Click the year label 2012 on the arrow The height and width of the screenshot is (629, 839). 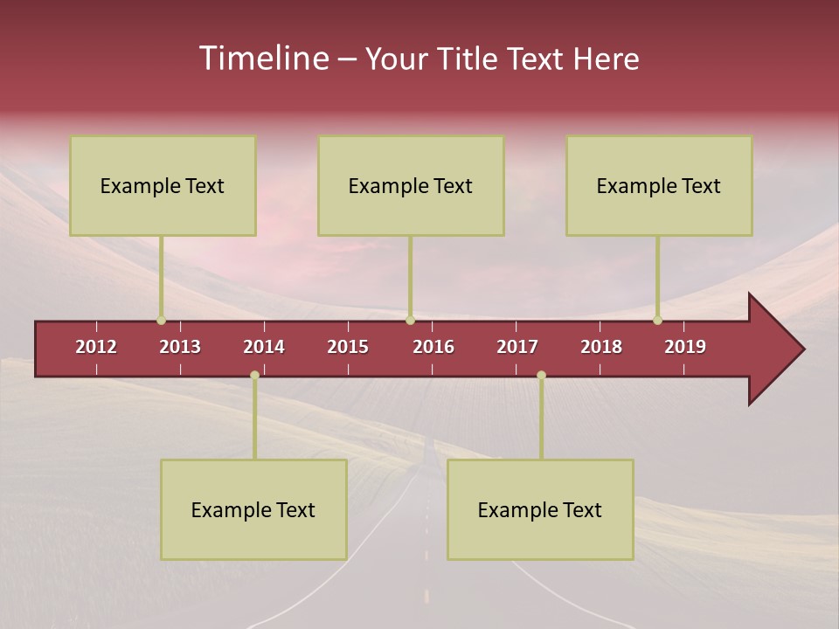tap(96, 347)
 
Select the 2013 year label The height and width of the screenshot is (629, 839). tap(180, 347)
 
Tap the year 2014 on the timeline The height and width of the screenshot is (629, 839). tap(264, 347)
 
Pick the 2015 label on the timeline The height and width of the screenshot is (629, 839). tap(348, 347)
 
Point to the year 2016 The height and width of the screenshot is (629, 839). tap(433, 347)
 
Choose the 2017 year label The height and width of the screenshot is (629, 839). tap(517, 347)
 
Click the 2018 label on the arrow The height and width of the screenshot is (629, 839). tap(601, 347)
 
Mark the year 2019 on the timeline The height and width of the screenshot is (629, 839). tap(685, 347)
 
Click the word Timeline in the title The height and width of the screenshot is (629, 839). tap(263, 59)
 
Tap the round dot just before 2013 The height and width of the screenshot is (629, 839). tap(161, 321)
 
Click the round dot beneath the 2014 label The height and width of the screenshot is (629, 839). tap(254, 376)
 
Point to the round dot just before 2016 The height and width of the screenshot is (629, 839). tap(410, 321)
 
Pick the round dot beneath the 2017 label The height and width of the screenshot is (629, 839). tap(541, 376)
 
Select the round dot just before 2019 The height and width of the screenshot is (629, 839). tap(657, 321)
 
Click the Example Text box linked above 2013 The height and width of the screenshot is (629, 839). tap(163, 185)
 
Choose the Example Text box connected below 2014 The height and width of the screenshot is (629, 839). tap(253, 509)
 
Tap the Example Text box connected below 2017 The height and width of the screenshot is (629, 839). tap(540, 509)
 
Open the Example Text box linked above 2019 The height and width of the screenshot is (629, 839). tap(659, 185)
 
